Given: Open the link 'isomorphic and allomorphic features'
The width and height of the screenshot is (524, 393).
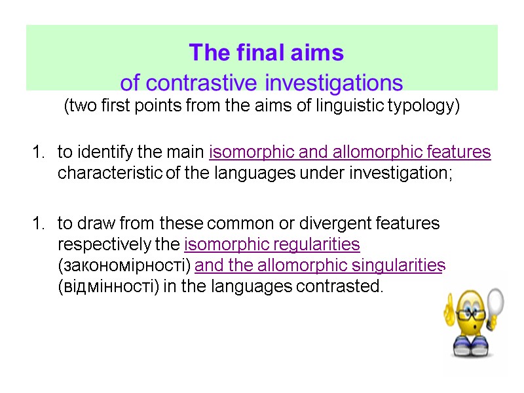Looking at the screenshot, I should click(350, 153).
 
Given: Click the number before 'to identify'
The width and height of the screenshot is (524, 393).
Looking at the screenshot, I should click(36, 153).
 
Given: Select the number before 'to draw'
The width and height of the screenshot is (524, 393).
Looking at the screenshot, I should click(36, 223).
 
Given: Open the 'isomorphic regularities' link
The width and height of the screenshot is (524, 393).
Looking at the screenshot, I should click(272, 244).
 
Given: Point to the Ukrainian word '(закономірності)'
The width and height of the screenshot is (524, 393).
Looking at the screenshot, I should click(124, 265).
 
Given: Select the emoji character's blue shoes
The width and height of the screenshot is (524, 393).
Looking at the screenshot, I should click(472, 348).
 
